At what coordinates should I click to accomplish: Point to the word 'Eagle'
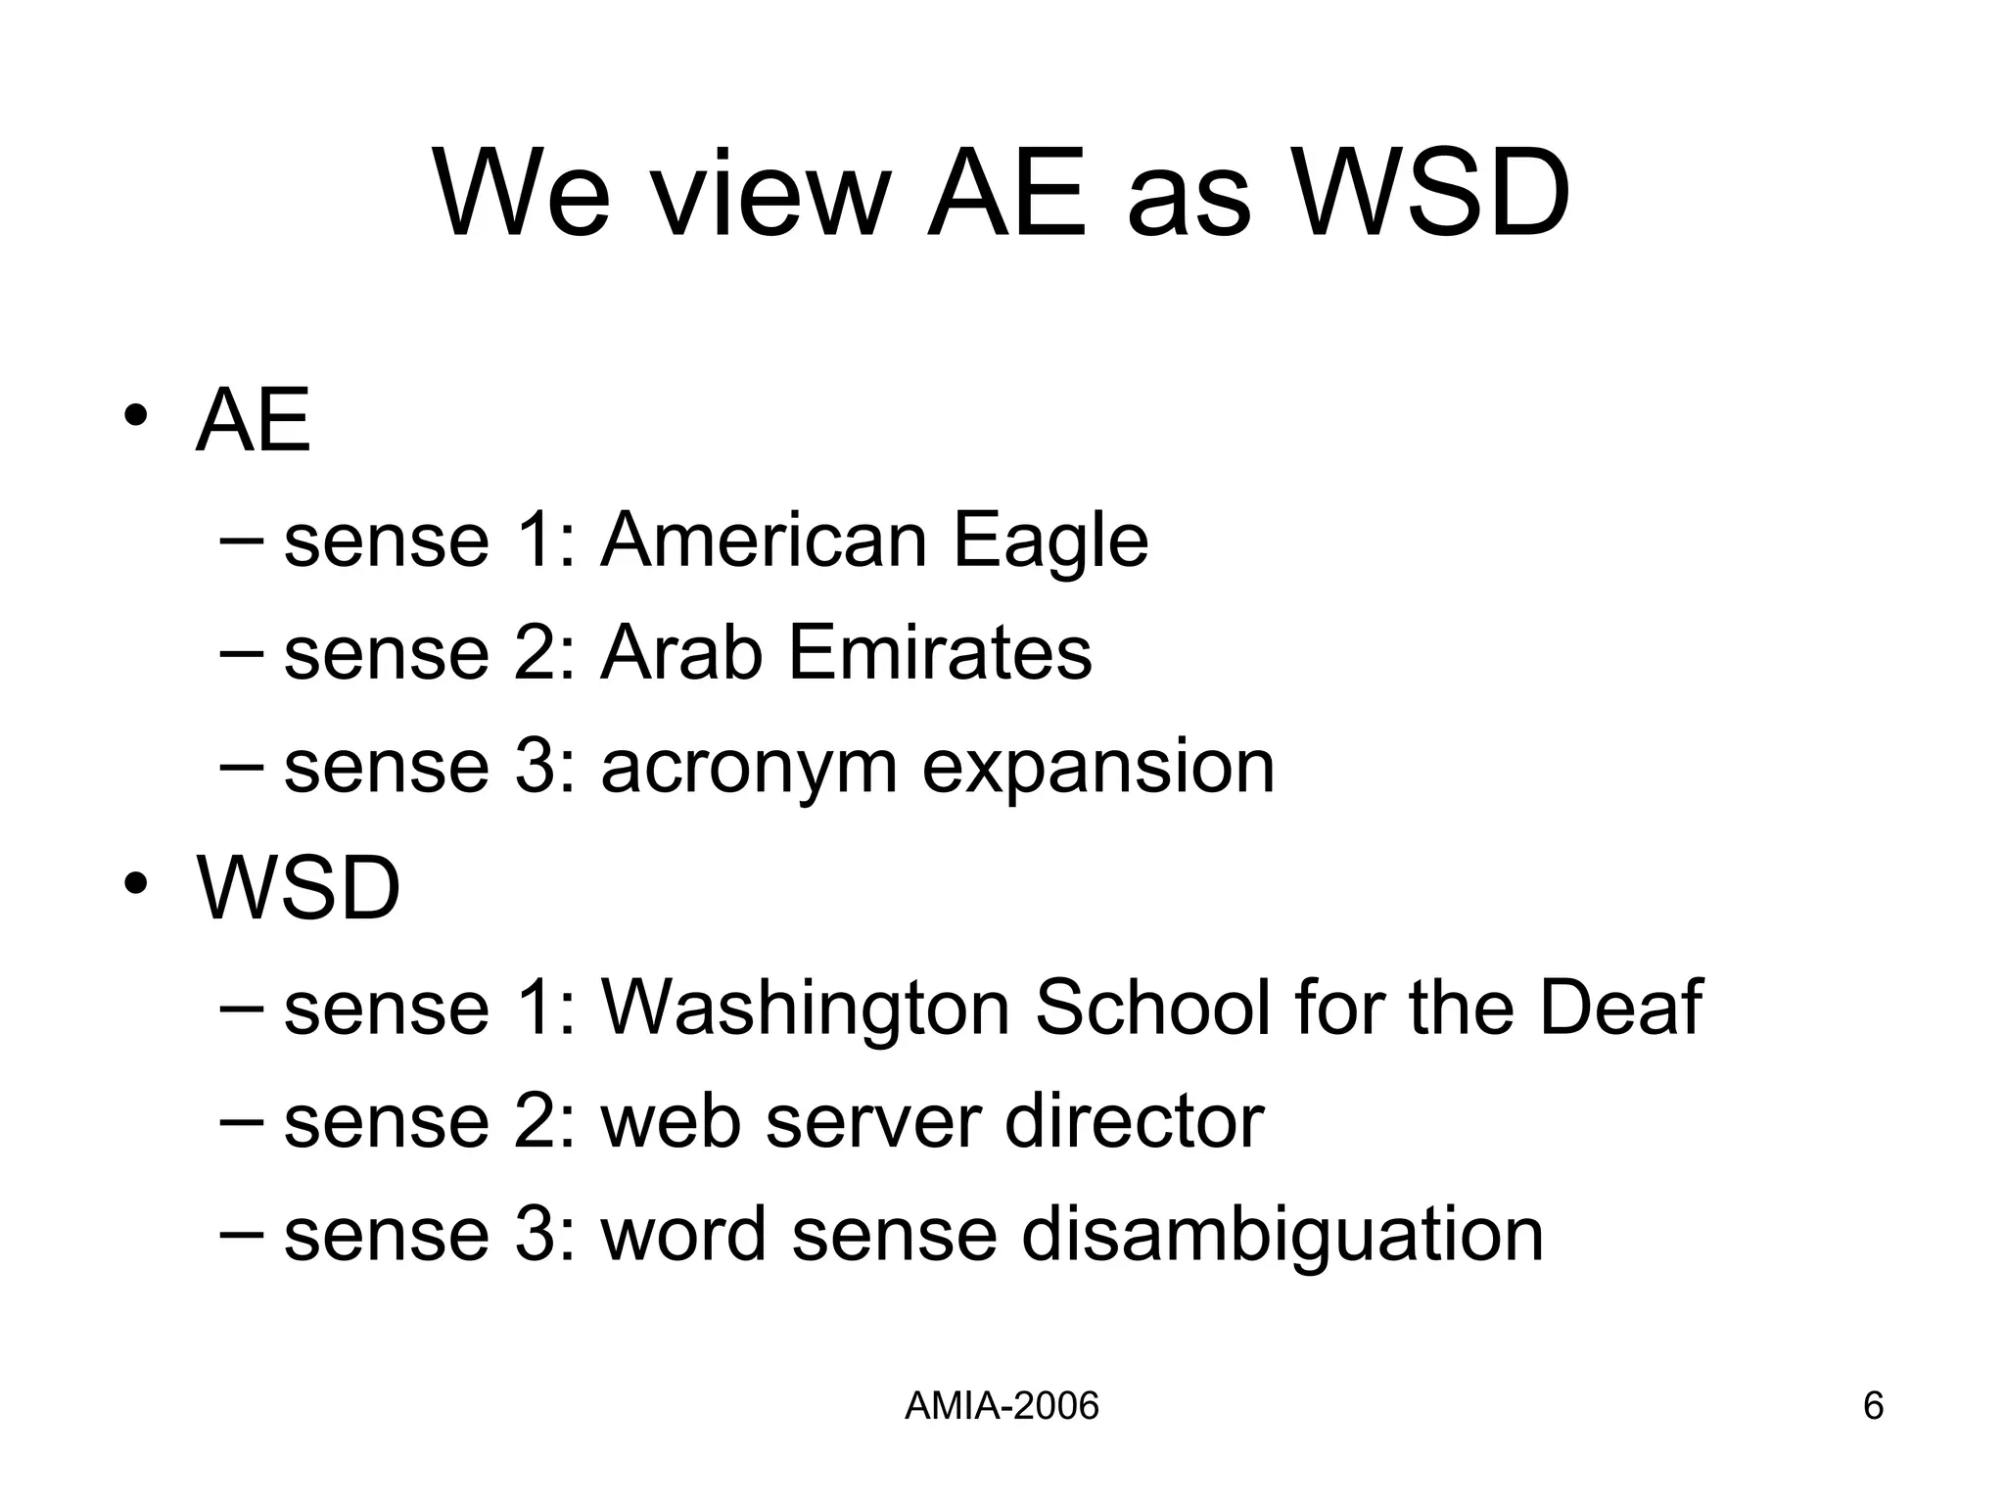click(x=1050, y=540)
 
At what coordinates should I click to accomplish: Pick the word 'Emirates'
click(x=940, y=653)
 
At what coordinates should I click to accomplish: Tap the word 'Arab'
click(x=681, y=653)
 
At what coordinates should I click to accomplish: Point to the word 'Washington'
click(x=806, y=1009)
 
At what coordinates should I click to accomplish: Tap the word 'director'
click(x=1134, y=1121)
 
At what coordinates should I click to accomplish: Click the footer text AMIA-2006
click(x=1002, y=1406)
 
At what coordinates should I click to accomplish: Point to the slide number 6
click(x=1873, y=1406)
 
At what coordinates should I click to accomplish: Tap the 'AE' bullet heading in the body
click(x=254, y=421)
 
